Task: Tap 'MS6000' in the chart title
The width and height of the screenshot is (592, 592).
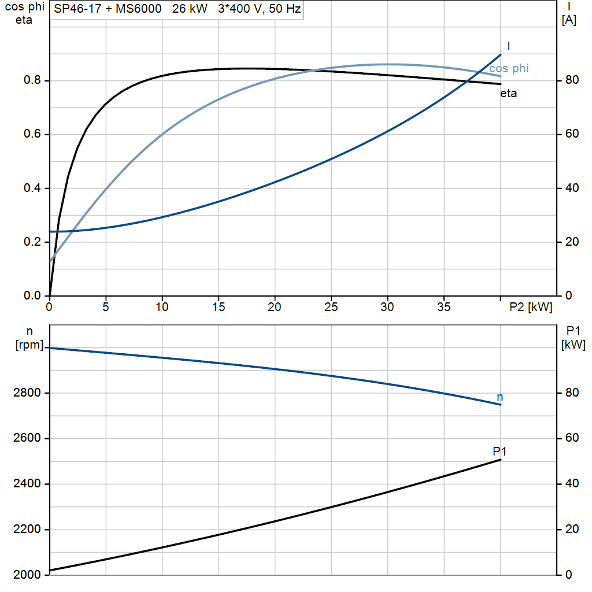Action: click(139, 8)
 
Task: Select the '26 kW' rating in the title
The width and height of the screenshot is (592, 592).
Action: click(190, 8)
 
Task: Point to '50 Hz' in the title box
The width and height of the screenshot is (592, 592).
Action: click(284, 8)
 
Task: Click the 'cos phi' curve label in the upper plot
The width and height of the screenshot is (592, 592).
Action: click(509, 68)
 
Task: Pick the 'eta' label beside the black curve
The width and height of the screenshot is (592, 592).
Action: click(509, 93)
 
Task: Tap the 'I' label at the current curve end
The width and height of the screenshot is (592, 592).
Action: click(509, 46)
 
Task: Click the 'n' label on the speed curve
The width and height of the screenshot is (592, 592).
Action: click(500, 397)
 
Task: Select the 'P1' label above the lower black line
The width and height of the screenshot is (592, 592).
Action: click(499, 451)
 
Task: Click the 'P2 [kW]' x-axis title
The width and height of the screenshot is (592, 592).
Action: click(531, 307)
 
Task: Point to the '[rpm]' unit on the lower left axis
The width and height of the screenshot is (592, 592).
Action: click(29, 345)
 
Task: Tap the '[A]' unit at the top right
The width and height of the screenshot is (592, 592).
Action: click(569, 20)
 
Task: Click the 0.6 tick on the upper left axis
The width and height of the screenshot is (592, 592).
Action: click(32, 134)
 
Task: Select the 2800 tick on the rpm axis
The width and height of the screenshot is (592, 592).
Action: click(27, 393)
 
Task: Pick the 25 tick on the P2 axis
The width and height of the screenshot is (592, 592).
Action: click(331, 307)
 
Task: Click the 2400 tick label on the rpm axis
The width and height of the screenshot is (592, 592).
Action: click(27, 483)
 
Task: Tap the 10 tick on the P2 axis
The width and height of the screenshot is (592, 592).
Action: click(162, 307)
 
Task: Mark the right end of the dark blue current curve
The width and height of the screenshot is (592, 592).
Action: click(501, 55)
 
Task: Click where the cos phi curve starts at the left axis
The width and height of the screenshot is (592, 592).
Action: click(50, 261)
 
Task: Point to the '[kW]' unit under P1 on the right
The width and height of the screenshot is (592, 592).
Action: click(573, 345)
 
